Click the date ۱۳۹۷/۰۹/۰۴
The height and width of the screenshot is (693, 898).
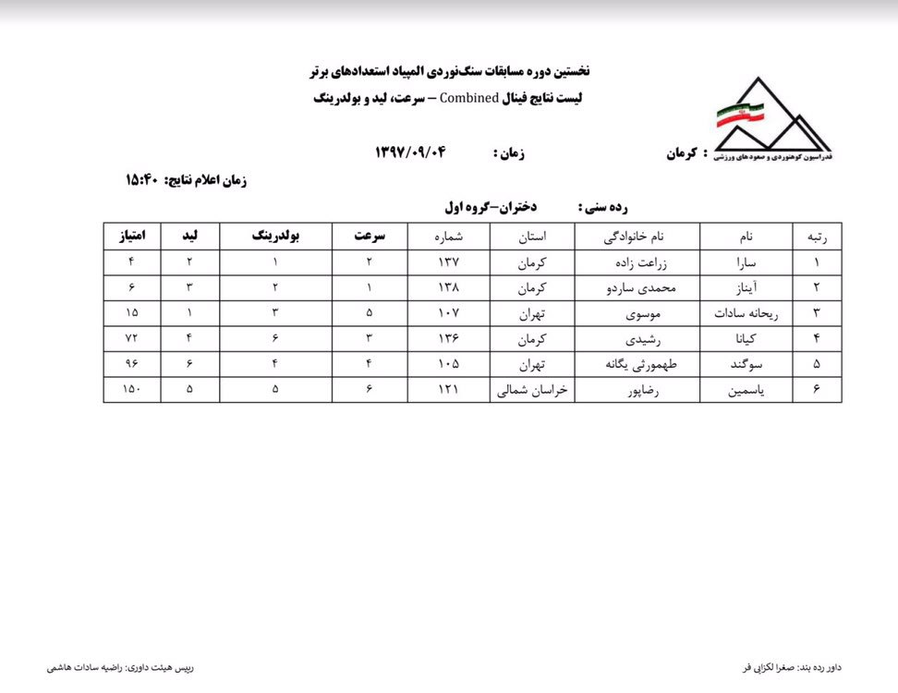point(409,152)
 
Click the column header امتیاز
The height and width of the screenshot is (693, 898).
point(132,236)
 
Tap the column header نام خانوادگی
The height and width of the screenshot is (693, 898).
point(637,236)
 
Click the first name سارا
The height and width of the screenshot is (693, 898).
point(746,261)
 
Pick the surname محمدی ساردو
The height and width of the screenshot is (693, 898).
point(637,287)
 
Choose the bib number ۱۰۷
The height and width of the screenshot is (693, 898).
point(448,313)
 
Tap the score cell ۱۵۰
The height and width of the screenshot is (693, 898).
point(132,391)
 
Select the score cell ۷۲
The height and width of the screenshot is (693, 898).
point(132,339)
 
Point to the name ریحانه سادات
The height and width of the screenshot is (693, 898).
point(746,313)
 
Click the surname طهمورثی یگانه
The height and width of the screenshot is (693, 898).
point(637,365)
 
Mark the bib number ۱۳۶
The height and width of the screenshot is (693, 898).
point(448,339)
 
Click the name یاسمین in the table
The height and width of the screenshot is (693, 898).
point(746,391)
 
